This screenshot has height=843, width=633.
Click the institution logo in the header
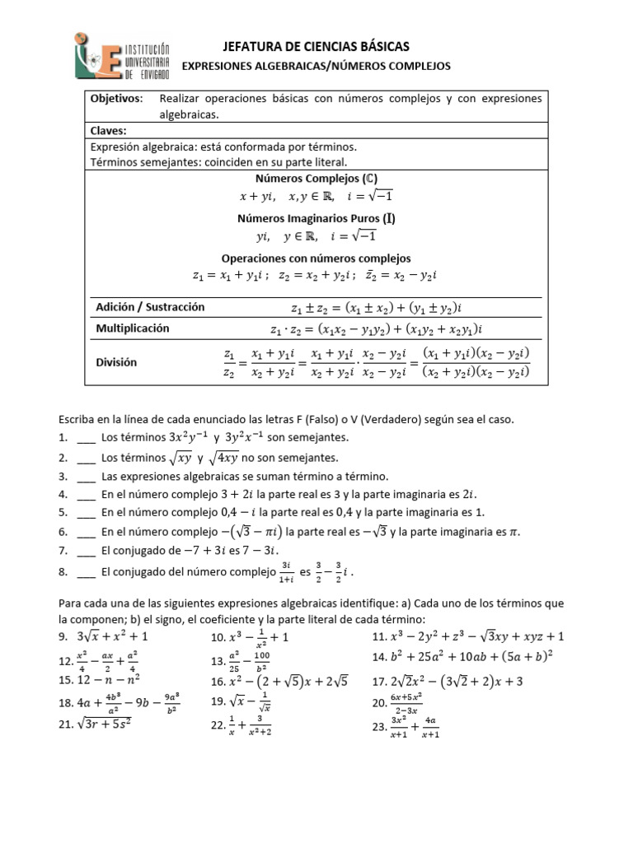click(123, 56)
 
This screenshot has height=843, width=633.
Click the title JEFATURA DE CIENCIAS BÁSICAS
click(316, 46)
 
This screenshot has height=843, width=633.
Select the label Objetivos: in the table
click(116, 99)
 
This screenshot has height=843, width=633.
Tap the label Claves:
click(109, 130)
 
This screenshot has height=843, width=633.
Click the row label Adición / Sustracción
click(150, 307)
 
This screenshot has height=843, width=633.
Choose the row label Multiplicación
click(133, 328)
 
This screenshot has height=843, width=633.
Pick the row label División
click(116, 361)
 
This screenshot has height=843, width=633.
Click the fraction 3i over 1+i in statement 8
click(287, 570)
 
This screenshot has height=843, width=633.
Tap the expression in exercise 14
click(476, 657)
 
